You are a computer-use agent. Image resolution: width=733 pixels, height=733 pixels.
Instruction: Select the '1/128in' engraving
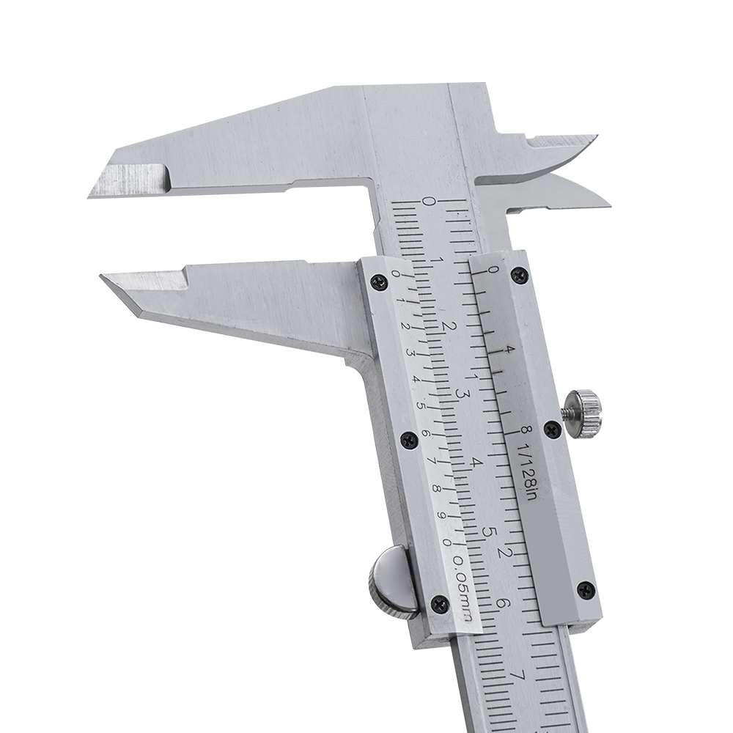[x=528, y=472]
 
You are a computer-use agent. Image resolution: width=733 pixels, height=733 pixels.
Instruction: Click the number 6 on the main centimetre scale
[x=499, y=603]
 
